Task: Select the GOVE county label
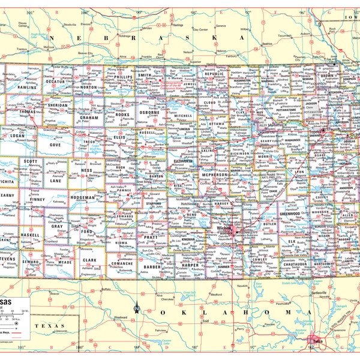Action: click(55, 145)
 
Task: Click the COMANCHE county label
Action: click(122, 263)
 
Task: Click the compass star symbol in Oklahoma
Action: click(136, 310)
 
